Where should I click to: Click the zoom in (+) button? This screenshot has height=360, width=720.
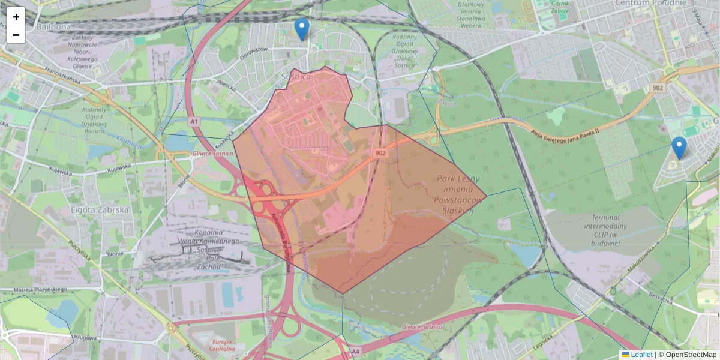click(16, 17)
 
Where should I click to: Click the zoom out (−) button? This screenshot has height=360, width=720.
click(16, 35)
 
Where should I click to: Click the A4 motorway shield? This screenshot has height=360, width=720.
click(355, 351)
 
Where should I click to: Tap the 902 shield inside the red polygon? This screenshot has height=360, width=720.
click(380, 154)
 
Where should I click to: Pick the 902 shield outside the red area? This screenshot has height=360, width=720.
click(658, 88)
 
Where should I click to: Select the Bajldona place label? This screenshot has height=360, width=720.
click(53, 27)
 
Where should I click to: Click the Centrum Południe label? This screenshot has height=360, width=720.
click(650, 4)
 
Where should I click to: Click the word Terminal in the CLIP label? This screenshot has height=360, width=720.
click(610, 217)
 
